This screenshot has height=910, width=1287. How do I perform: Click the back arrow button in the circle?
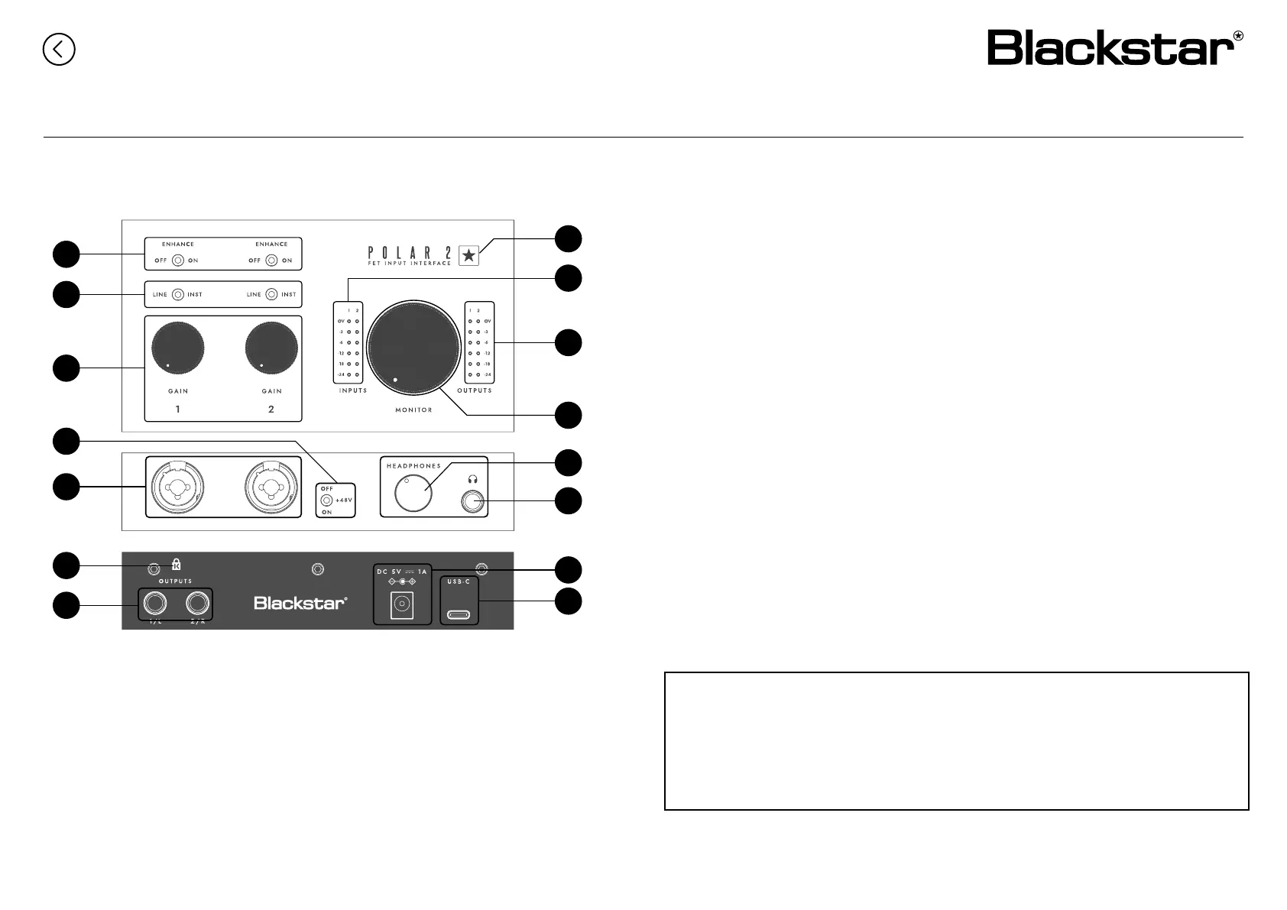(x=59, y=50)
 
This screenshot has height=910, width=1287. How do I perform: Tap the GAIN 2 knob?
(x=271, y=348)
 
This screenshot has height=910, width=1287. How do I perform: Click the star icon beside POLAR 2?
(x=469, y=256)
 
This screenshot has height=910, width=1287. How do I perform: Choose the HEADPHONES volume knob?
(x=413, y=494)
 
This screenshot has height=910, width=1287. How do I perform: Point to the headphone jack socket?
(x=474, y=501)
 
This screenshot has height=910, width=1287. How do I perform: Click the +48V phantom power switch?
(x=327, y=500)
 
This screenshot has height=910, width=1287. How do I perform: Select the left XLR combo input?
(x=178, y=486)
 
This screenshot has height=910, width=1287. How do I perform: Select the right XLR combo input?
(x=271, y=486)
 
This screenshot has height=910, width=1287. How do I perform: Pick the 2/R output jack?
(x=198, y=604)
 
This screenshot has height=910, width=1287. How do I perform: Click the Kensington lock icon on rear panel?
(x=177, y=565)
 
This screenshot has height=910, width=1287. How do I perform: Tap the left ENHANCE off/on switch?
(x=177, y=261)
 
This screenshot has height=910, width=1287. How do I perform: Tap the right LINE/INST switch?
(x=271, y=294)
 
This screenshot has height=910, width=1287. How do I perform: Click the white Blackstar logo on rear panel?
(x=300, y=604)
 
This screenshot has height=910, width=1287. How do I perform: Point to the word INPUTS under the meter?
(x=353, y=390)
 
